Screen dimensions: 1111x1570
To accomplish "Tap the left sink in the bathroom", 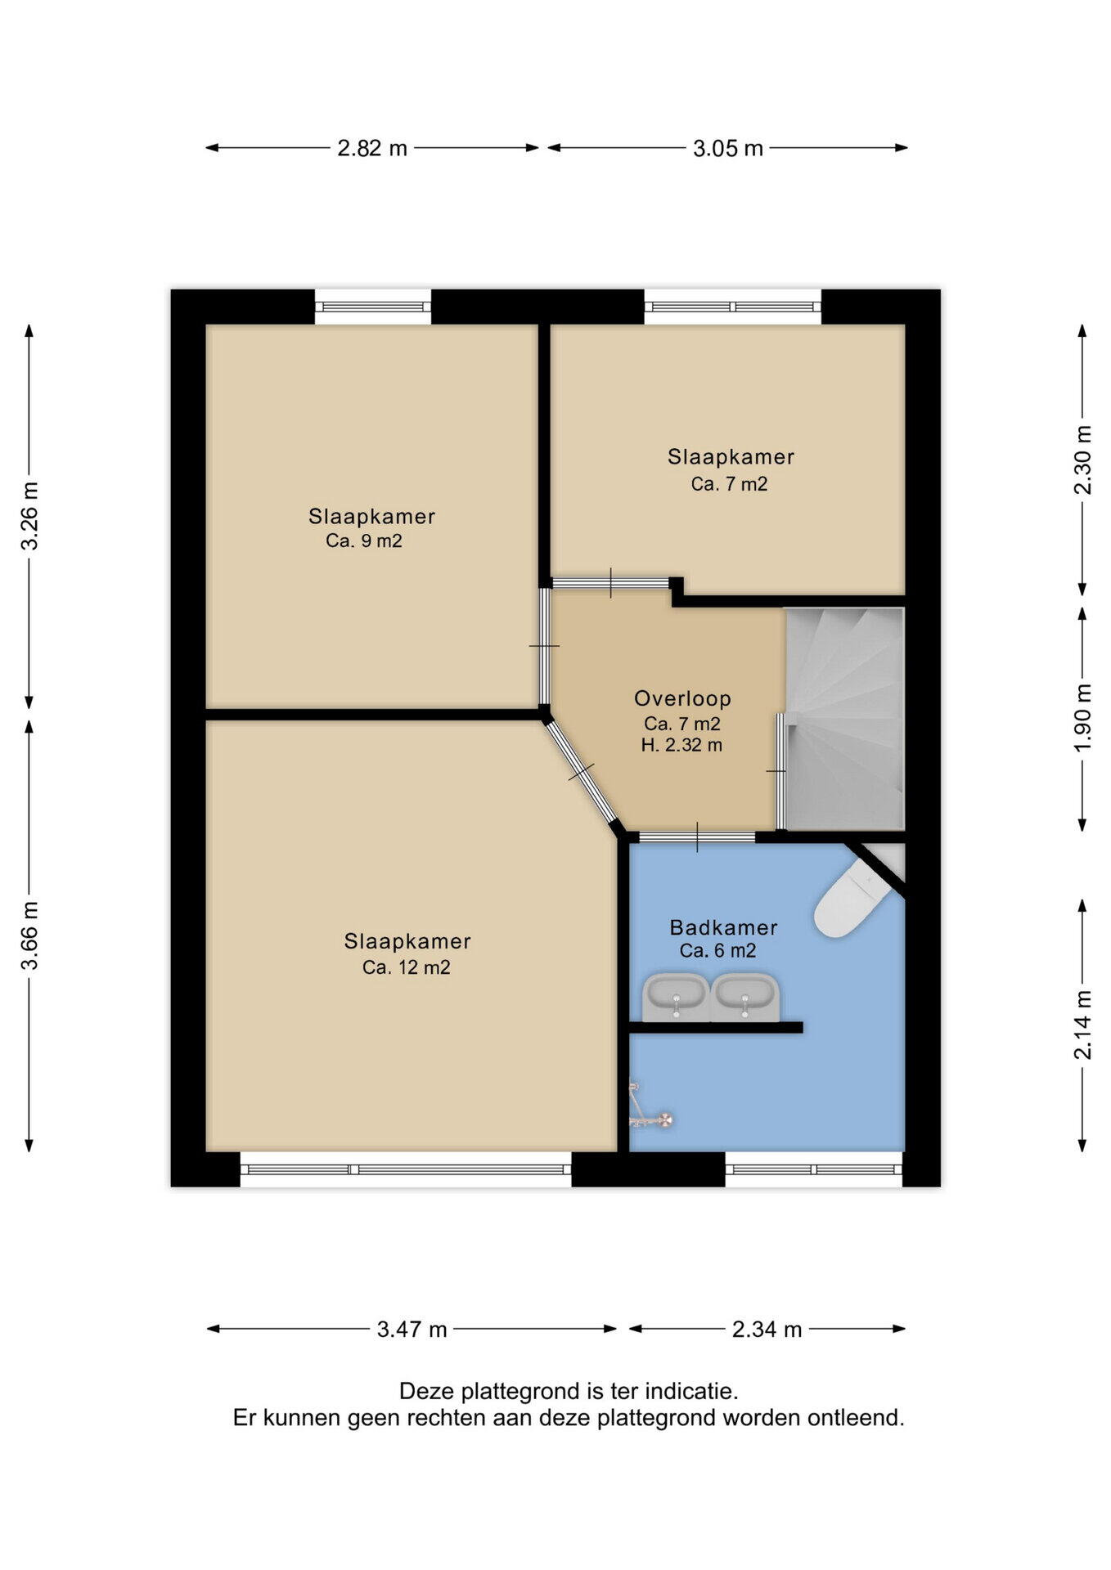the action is pyautogui.click(x=675, y=997).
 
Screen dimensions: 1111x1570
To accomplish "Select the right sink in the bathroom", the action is pyautogui.click(x=744, y=997).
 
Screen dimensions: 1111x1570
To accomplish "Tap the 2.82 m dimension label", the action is pyautogui.click(x=372, y=148).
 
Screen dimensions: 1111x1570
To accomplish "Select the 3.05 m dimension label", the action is pyautogui.click(x=728, y=148).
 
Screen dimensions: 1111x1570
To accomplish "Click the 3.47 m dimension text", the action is pyautogui.click(x=412, y=1329).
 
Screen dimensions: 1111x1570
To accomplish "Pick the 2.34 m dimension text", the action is pyautogui.click(x=767, y=1329).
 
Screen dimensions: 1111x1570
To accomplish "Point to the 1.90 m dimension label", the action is pyautogui.click(x=1083, y=717).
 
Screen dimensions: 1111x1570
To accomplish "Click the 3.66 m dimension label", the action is pyautogui.click(x=30, y=935).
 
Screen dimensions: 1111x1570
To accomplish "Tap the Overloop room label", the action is pyautogui.click(x=682, y=698).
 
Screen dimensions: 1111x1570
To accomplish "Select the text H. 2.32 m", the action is pyautogui.click(x=681, y=745).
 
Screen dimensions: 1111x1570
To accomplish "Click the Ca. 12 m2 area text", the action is pyautogui.click(x=406, y=967).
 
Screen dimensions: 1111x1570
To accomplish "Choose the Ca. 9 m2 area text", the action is pyautogui.click(x=364, y=541).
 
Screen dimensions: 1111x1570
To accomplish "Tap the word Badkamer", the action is pyautogui.click(x=723, y=927).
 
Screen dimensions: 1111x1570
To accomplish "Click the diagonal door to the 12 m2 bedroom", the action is pyautogui.click(x=582, y=771).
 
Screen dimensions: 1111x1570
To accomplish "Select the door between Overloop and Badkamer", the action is pyautogui.click(x=697, y=837).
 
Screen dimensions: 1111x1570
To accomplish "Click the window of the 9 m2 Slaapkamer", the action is pyautogui.click(x=373, y=307).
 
